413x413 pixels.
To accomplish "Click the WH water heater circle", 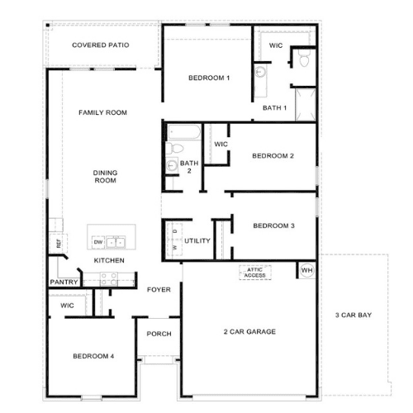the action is coord(306,270).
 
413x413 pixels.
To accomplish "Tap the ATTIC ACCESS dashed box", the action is coord(255,273).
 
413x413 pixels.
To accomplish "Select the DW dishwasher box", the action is coord(98,242).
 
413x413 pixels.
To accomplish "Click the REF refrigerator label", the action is coord(59,244).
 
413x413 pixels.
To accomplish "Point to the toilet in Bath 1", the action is coord(304,58).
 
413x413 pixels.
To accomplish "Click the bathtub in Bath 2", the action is coord(184,132).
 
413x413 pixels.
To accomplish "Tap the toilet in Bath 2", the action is coord(174,149).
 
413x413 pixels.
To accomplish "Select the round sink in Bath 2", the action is coord(172,166).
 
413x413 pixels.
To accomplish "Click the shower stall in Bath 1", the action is coord(306,105).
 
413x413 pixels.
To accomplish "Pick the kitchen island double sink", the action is coord(116,243).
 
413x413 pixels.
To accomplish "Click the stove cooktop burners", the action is coord(109,279).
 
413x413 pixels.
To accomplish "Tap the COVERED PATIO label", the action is coord(101,45).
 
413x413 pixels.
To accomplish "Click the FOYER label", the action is coord(159,290).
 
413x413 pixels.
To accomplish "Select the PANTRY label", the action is coord(64,282).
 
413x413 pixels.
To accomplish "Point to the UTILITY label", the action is coord(197,241).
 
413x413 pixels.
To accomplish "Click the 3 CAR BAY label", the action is coord(354,315).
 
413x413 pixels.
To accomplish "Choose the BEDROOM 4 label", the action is coord(93,356).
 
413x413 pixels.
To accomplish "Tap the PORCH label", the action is coord(159,334).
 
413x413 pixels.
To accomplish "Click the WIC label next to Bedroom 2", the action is coord(221,145).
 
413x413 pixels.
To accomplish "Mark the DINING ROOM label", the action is coord(105,177).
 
